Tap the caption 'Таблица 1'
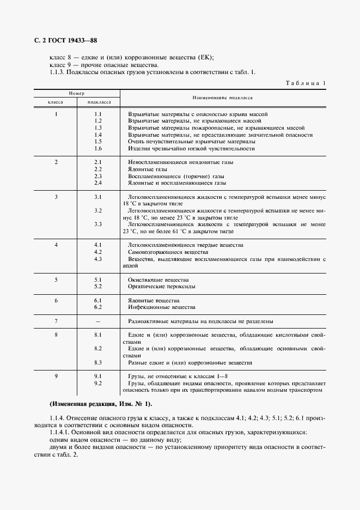[x=305, y=83]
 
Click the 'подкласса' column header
[x=99, y=102]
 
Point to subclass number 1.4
[x=98, y=135]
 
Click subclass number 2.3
[x=98, y=177]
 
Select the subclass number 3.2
[x=98, y=210]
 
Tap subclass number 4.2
[x=98, y=252]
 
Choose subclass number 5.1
[x=98, y=280]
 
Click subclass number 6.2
[x=98, y=307]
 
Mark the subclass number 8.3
[x=98, y=362]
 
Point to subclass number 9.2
[x=98, y=383]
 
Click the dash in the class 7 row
[x=98, y=321]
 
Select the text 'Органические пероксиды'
[x=162, y=287]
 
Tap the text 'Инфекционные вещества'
[x=161, y=307]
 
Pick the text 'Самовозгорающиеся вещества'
[x=168, y=252]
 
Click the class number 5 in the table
[x=56, y=280]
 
